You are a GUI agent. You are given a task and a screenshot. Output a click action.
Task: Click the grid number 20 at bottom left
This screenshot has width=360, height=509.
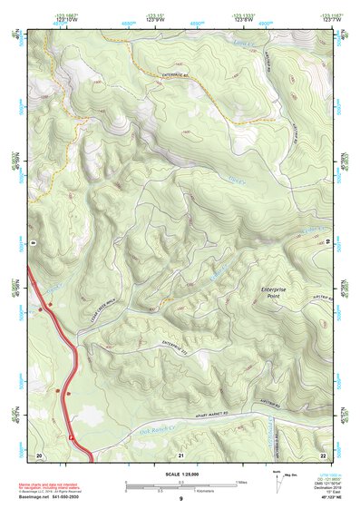pos(39,454)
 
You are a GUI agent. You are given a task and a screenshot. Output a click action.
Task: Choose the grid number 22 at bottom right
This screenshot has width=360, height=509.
pos(323,454)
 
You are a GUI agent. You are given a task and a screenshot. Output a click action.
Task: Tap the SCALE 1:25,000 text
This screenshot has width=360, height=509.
pos(180,475)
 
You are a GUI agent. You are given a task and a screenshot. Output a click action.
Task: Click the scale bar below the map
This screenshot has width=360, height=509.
pos(180,484)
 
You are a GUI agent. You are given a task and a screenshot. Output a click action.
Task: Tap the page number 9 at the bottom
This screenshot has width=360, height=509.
pos(180,499)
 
